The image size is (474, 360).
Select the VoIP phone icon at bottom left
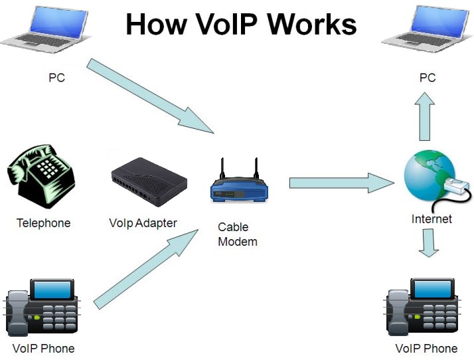(42, 307)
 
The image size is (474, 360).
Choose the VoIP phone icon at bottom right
(422, 307)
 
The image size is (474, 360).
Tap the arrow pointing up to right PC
(424, 116)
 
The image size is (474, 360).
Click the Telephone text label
(43, 223)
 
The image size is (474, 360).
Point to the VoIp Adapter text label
(143, 223)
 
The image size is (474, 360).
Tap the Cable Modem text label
(237, 234)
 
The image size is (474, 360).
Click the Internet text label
(432, 219)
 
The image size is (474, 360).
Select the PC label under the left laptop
(56, 78)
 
